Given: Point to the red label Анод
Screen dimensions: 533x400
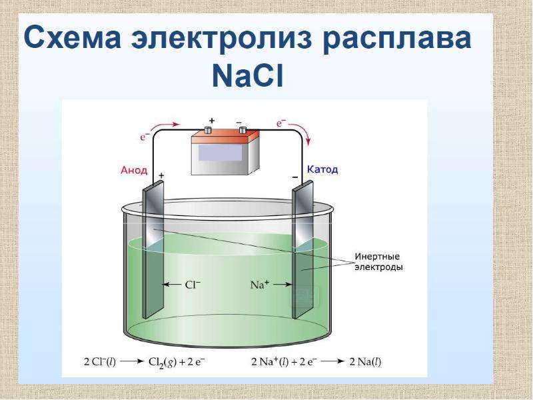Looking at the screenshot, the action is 134,170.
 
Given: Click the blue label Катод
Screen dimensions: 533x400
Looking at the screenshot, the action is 322,169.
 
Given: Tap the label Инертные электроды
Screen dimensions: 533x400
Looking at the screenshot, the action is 378,261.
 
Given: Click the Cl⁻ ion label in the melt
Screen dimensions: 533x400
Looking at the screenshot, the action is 193,284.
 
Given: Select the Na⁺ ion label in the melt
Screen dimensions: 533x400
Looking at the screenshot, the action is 259,284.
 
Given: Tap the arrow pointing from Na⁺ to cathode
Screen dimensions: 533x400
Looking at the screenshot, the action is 282,285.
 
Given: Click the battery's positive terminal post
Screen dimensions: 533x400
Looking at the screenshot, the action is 208,130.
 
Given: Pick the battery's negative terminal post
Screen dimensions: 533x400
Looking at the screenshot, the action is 243,129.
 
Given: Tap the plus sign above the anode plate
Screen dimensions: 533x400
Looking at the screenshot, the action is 161,175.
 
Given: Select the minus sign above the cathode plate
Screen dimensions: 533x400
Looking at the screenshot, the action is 294,177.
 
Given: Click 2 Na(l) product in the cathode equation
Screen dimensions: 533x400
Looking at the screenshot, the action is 365,362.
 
